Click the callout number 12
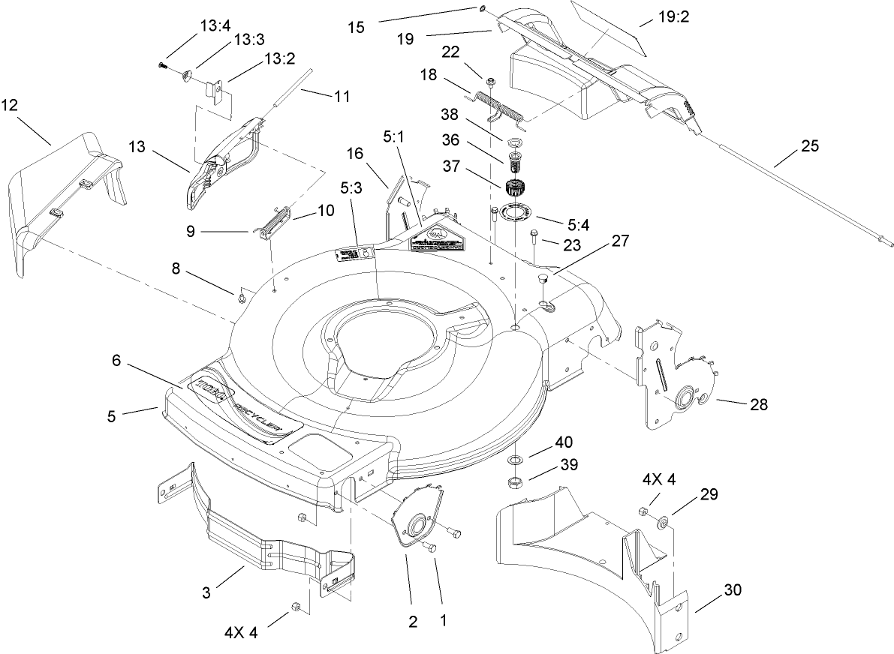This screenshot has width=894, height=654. point(10,105)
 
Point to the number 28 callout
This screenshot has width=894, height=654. point(760,404)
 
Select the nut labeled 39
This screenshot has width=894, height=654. point(516,481)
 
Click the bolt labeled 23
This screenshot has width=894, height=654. point(534,238)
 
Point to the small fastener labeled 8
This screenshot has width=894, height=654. point(241,298)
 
